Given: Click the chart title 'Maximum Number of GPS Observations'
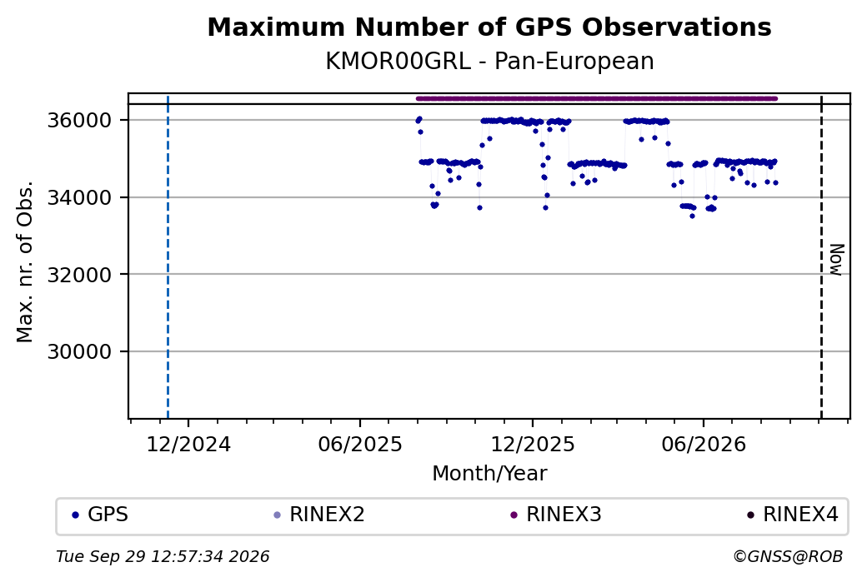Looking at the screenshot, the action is (489, 27).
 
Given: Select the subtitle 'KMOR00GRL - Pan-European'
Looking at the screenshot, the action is (489, 61).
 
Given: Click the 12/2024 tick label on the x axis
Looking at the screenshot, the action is (188, 445).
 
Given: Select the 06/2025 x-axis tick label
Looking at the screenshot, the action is (360, 445).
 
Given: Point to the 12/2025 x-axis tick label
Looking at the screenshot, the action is (533, 445).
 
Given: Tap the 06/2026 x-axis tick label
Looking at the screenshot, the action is (704, 445).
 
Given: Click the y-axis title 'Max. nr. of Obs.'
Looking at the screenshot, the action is (25, 261).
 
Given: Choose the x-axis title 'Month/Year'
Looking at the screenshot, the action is (489, 474).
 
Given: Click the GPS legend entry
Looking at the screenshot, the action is (100, 515).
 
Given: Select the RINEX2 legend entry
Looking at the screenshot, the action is (319, 515).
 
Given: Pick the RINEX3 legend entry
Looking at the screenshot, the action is (556, 515).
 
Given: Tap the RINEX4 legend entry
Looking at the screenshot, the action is (792, 515).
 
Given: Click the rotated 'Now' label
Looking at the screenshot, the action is (837, 260).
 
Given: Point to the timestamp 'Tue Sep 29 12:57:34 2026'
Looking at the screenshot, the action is (163, 556).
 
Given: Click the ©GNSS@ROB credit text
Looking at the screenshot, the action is (788, 556).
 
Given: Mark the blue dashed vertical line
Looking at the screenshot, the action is (168, 256).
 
